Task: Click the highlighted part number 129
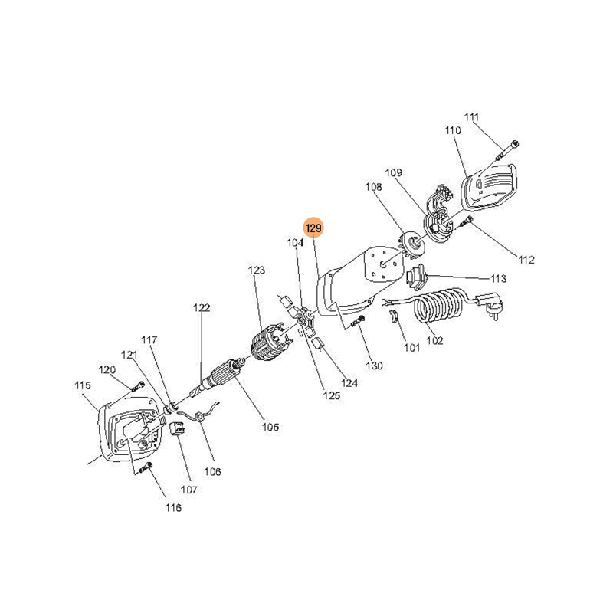coord(313,228)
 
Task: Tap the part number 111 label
coord(471,117)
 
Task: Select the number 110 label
coord(453,130)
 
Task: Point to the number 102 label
coord(434,340)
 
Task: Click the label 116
coord(173,508)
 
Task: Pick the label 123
coord(257,270)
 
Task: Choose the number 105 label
coord(270,427)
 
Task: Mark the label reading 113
coord(499,279)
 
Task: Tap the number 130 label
coord(374,366)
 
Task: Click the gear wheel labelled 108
coord(411,247)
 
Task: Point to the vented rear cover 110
coord(490,185)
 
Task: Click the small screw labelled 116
coord(145,467)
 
